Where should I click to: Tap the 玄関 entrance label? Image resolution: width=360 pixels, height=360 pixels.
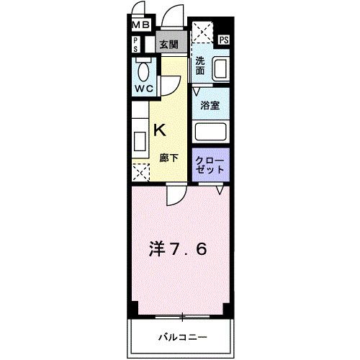(169, 45)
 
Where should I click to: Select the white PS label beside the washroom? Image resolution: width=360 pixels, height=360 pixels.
(224, 40)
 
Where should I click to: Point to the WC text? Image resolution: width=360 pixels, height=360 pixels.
(142, 89)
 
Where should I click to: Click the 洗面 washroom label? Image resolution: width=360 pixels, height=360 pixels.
(200, 66)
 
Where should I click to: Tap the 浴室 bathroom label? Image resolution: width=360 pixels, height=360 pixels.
(210, 104)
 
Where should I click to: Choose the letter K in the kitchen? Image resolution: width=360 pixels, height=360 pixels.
(161, 130)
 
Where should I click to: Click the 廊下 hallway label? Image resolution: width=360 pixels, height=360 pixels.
(168, 158)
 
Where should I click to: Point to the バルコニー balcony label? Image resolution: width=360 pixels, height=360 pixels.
(183, 337)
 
